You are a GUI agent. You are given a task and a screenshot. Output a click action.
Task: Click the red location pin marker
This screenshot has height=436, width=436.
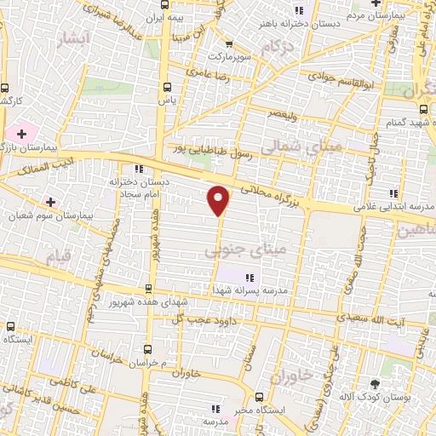219,200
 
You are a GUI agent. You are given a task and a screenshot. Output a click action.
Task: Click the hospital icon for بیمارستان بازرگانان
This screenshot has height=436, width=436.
20,135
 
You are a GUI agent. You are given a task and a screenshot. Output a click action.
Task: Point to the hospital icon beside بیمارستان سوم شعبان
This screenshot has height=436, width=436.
51,202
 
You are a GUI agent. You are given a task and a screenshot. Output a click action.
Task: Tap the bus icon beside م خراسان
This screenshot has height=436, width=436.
149,349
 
